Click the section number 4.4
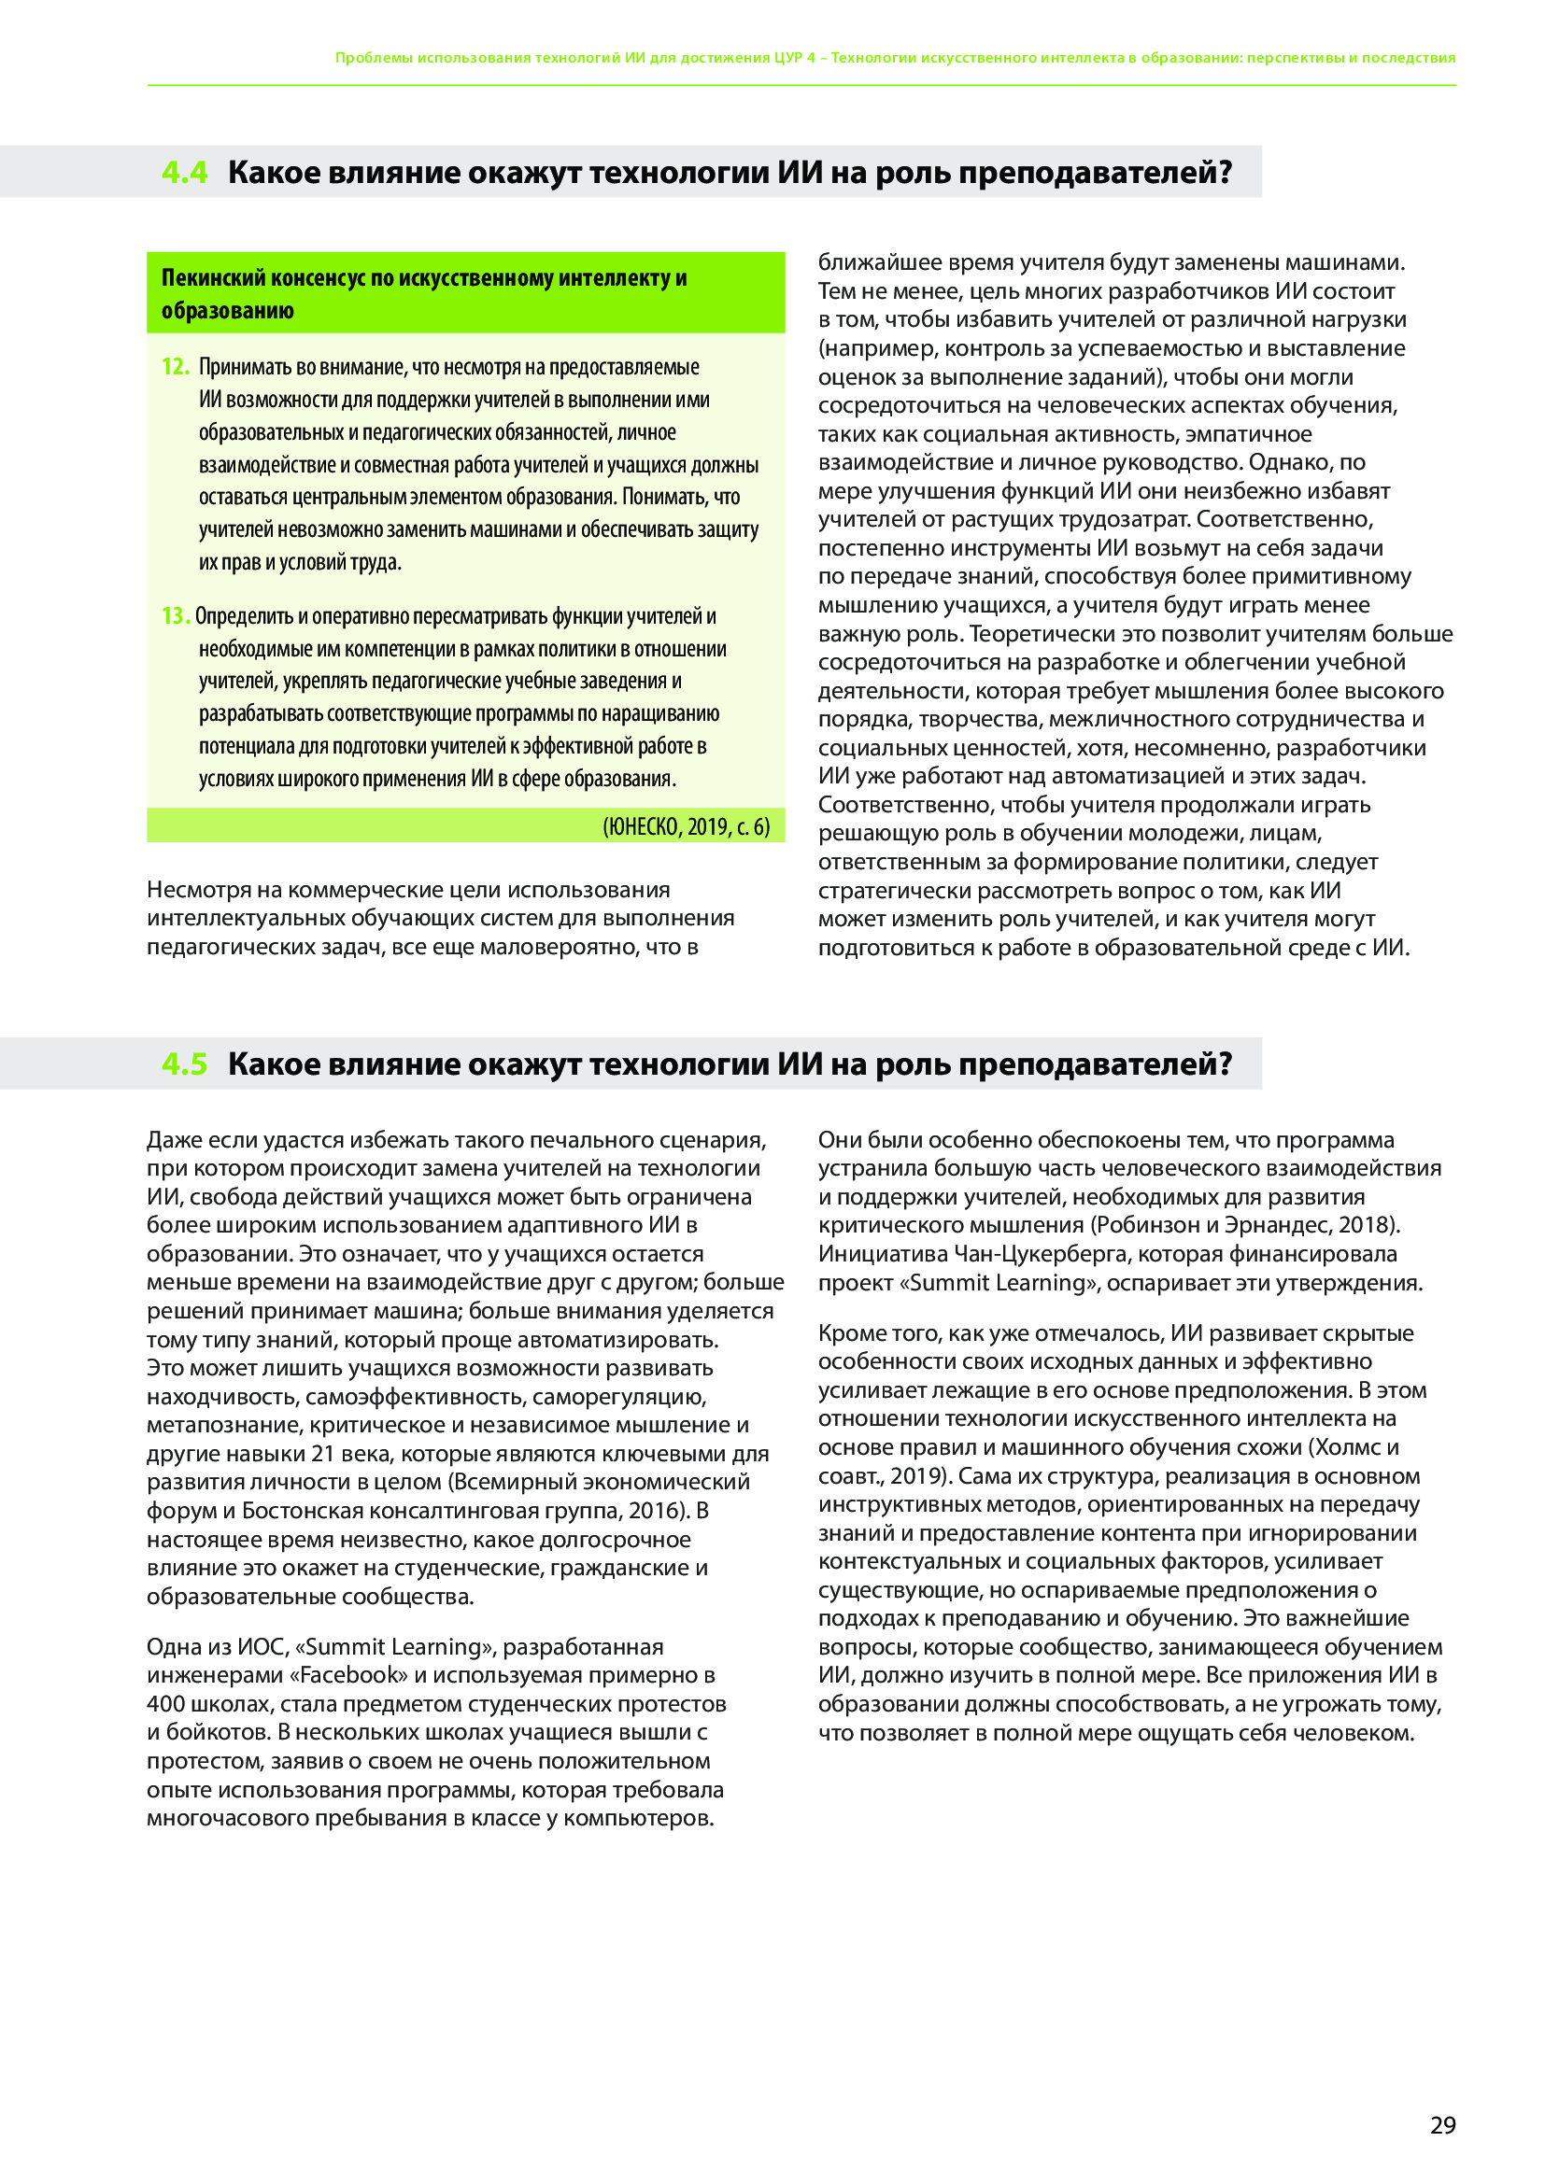pos(184,172)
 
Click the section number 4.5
pos(184,1064)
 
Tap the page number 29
pos(1442,2125)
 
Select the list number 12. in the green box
pos(175,367)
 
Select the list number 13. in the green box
pos(175,616)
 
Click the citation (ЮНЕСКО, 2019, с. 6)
pos(686,825)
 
